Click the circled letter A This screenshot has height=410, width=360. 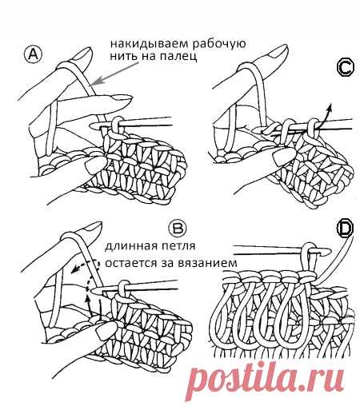click(33, 54)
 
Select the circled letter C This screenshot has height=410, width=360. click(345, 69)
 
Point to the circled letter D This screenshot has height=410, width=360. click(345, 229)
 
